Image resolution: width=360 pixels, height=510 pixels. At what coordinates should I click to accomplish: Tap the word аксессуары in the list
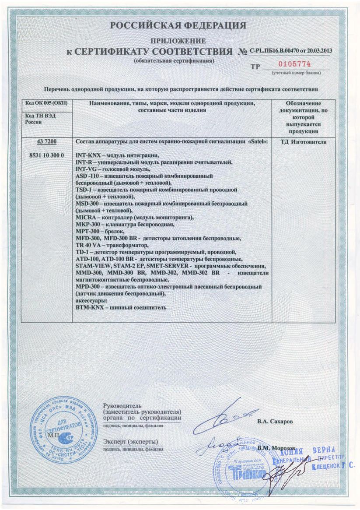point(92,300)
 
